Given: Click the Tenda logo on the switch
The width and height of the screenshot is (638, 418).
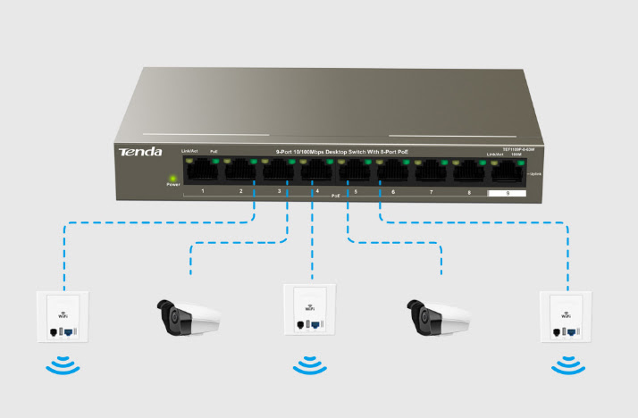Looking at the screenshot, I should point(140,152).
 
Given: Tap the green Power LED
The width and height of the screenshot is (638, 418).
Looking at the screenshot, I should point(172,178).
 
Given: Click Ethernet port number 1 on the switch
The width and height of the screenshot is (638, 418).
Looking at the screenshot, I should point(203,170).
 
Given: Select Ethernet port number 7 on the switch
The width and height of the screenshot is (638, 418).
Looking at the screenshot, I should point(431,170).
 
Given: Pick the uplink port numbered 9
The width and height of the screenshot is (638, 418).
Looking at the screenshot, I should point(507,171).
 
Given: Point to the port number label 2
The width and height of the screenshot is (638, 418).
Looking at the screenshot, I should point(240,192).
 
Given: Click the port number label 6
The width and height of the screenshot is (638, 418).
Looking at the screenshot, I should point(393,192).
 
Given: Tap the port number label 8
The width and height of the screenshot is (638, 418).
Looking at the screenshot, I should point(469,192).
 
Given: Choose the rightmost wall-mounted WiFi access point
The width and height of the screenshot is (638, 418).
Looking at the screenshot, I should point(564,317).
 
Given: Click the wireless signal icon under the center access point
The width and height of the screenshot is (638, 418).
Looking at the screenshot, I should point(308,364).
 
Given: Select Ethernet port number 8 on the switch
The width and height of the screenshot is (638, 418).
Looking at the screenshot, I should point(469,170).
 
